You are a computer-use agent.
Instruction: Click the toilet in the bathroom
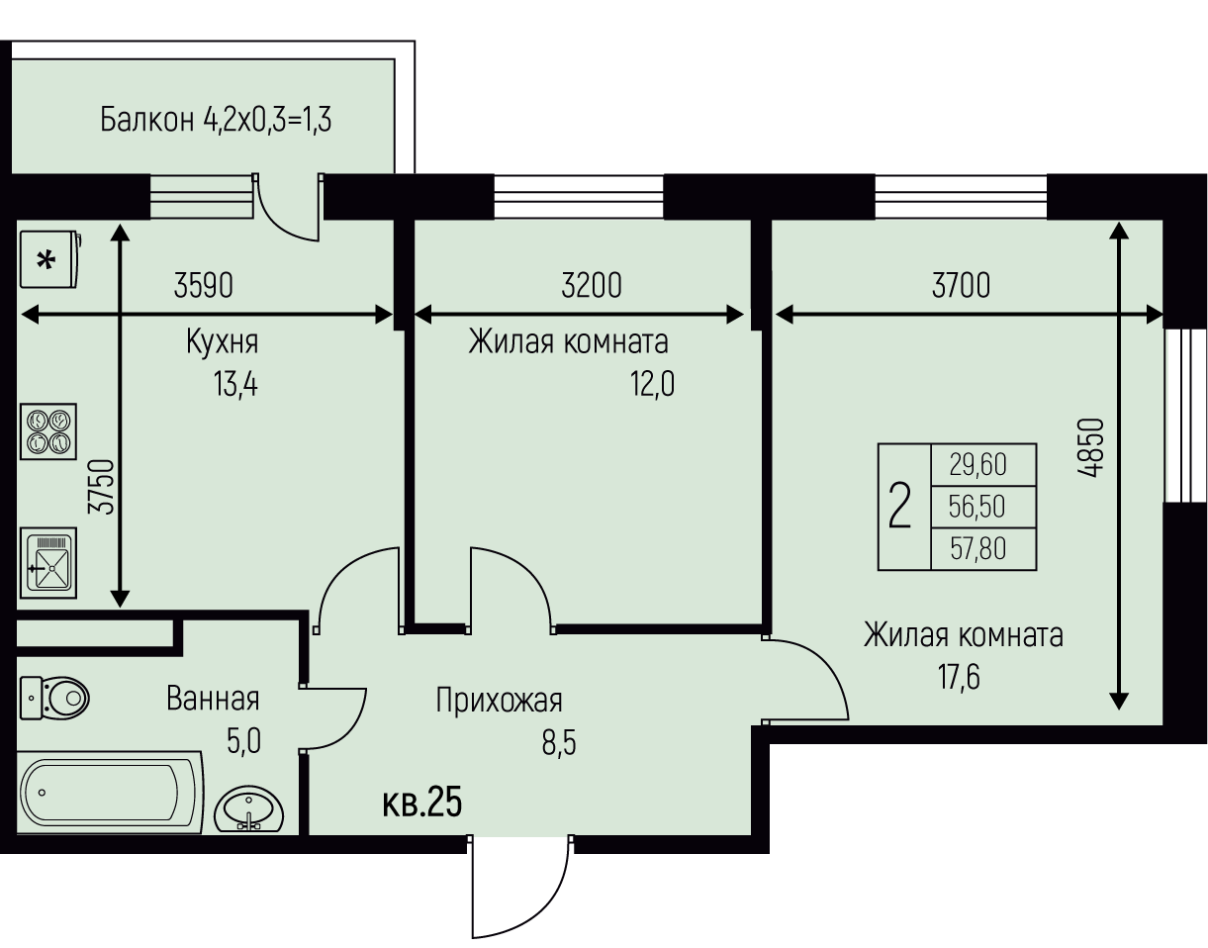click(54, 698)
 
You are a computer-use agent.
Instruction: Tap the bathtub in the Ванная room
click(110, 793)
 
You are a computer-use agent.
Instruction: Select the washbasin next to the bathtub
click(249, 809)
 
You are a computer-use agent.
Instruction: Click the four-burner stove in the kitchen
click(48, 431)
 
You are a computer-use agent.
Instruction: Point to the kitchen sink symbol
click(48, 563)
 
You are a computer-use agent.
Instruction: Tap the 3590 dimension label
click(204, 285)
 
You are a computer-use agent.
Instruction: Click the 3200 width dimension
click(592, 285)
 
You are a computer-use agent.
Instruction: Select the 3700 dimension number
click(962, 285)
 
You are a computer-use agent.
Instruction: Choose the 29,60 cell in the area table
click(977, 465)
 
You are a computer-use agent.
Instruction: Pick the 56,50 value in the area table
click(977, 507)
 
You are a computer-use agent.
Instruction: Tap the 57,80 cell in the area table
click(977, 549)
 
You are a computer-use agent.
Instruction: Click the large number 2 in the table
click(900, 505)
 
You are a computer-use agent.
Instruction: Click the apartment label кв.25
click(421, 803)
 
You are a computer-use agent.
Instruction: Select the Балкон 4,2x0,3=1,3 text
click(216, 120)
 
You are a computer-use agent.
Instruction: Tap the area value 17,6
click(959, 677)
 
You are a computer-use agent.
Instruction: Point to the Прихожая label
click(499, 701)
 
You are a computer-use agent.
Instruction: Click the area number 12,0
click(652, 384)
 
